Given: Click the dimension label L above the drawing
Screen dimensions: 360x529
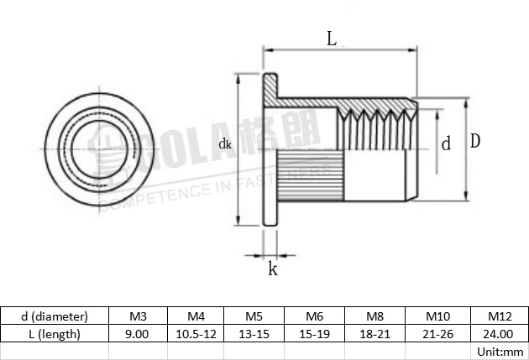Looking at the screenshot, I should pyautogui.click(x=332, y=38).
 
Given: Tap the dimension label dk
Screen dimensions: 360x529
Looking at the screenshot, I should pyautogui.click(x=224, y=143).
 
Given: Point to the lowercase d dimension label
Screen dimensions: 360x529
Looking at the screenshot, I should pyautogui.click(x=446, y=143).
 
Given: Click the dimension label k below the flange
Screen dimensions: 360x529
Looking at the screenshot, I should pyautogui.click(x=272, y=269).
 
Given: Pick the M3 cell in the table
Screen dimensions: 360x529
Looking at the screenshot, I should pyautogui.click(x=139, y=316).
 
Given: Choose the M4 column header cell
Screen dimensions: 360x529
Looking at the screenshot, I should pyautogui.click(x=196, y=316).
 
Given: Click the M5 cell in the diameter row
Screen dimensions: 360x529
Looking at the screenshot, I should pyautogui.click(x=254, y=316).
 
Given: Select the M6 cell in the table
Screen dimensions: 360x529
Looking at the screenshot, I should pyautogui.click(x=314, y=316).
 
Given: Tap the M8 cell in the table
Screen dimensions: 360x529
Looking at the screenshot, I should pyautogui.click(x=374, y=316).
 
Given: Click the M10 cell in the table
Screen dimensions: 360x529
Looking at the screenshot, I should pyautogui.click(x=434, y=316).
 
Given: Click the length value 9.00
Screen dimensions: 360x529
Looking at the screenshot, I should pyautogui.click(x=139, y=333).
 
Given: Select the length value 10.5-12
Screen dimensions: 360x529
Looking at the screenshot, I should pyautogui.click(x=196, y=333).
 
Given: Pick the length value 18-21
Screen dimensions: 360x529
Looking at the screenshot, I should pyautogui.click(x=374, y=333).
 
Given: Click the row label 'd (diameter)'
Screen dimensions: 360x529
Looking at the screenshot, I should pyautogui.click(x=55, y=316).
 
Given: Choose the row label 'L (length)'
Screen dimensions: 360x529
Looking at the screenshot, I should pyautogui.click(x=55, y=333).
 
